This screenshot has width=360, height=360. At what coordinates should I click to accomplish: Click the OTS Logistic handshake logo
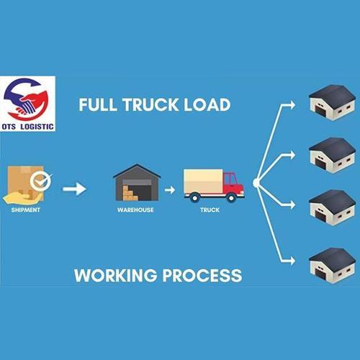(x=27, y=104)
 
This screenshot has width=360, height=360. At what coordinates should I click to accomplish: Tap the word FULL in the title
(x=98, y=105)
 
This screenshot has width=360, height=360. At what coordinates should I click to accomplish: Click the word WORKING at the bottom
(x=116, y=275)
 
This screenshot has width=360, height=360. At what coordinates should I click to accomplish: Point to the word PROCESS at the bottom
(x=202, y=275)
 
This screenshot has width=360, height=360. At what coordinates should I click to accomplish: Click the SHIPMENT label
(x=26, y=210)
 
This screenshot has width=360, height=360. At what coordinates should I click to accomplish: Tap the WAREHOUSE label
(x=135, y=210)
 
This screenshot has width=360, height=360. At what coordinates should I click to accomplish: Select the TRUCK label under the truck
(x=210, y=210)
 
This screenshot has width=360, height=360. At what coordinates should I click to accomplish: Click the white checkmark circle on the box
(x=40, y=181)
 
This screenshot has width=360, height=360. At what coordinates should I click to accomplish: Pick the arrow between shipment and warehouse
(x=74, y=189)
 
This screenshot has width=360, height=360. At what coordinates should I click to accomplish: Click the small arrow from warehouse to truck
(x=170, y=190)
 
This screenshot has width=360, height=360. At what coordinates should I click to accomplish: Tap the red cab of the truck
(x=233, y=184)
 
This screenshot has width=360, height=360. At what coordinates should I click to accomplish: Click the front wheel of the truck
(x=231, y=198)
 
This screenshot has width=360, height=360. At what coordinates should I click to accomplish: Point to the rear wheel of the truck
(x=194, y=198)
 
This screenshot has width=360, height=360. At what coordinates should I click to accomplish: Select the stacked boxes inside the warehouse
(x=130, y=193)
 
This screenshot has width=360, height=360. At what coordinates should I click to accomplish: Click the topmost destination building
(x=332, y=102)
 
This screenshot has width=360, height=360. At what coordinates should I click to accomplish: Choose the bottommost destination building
(x=332, y=266)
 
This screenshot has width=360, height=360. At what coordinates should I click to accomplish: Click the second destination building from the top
(x=332, y=156)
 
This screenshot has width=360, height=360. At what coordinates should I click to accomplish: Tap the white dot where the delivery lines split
(x=256, y=184)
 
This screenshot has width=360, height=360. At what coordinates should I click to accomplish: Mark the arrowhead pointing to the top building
(x=293, y=105)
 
